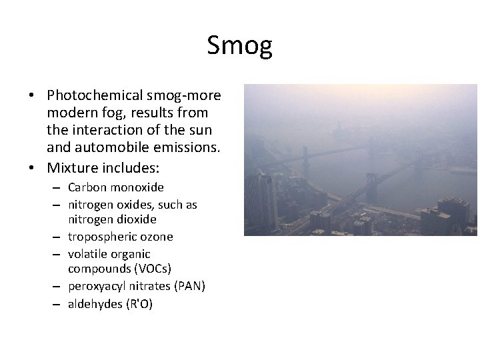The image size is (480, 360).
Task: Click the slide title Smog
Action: [x=239, y=46]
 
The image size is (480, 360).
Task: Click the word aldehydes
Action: [x=95, y=304]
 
